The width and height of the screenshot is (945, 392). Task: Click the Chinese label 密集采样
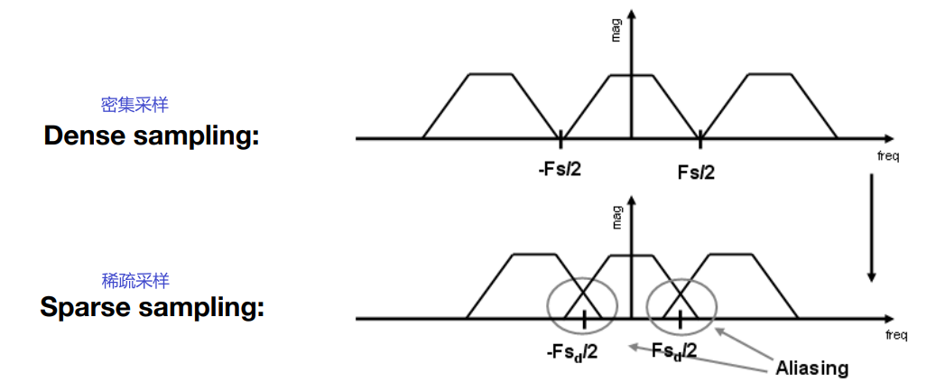click(134, 105)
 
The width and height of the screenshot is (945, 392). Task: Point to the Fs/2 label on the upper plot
click(696, 171)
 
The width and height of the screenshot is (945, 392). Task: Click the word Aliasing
click(812, 368)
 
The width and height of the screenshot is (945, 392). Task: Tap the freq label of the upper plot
click(888, 156)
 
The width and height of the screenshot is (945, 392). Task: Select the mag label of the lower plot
click(617, 218)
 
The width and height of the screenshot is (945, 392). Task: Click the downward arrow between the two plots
click(871, 226)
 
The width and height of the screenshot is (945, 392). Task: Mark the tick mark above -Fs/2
click(561, 138)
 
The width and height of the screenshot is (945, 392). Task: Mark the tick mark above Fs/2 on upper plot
click(699, 138)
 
